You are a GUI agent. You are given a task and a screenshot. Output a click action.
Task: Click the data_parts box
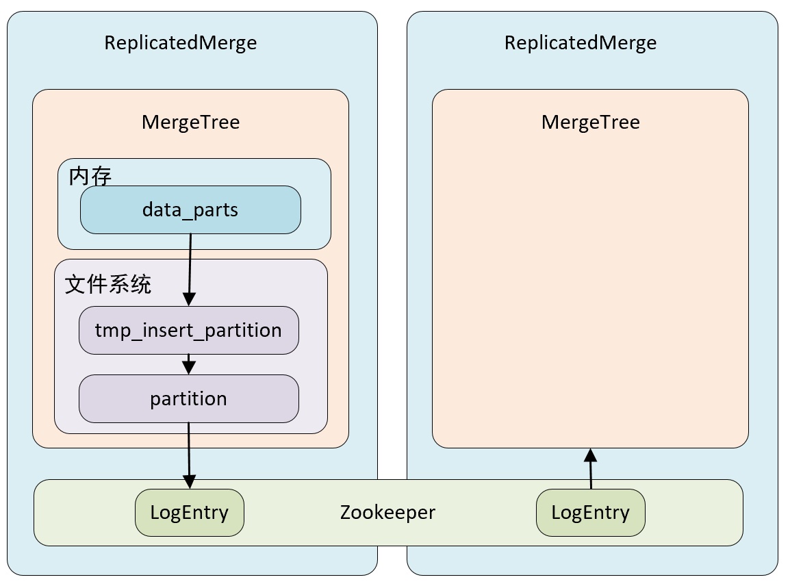(x=190, y=209)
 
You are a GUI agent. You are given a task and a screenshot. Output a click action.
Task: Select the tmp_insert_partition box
(x=188, y=330)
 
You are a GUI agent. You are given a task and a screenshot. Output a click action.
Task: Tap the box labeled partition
(x=188, y=398)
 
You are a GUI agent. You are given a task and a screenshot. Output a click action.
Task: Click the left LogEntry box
(x=189, y=512)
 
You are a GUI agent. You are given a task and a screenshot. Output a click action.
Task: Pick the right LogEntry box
(x=590, y=512)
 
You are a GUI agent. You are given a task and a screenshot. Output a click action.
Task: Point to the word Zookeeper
(x=387, y=512)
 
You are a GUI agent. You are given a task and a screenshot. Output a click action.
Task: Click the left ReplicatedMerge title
(x=181, y=42)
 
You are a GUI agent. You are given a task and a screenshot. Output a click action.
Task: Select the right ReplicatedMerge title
(x=581, y=42)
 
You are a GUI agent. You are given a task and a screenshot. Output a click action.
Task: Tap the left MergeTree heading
(x=190, y=122)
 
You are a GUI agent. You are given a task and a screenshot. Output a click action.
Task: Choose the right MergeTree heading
(x=590, y=122)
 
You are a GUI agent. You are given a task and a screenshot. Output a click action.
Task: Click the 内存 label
(x=90, y=177)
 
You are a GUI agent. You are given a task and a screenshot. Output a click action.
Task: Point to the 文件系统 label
(x=108, y=284)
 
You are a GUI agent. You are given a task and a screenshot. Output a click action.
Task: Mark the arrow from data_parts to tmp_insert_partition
(x=190, y=267)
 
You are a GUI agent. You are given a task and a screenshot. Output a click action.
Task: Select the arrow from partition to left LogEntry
(x=189, y=452)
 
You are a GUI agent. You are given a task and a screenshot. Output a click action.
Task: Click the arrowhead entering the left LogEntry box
(x=190, y=481)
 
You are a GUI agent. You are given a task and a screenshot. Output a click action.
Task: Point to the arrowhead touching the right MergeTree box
(x=590, y=455)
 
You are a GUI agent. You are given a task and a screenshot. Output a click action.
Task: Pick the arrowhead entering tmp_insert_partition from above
(x=189, y=298)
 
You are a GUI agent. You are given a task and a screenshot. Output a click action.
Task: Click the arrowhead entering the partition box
(x=189, y=368)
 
